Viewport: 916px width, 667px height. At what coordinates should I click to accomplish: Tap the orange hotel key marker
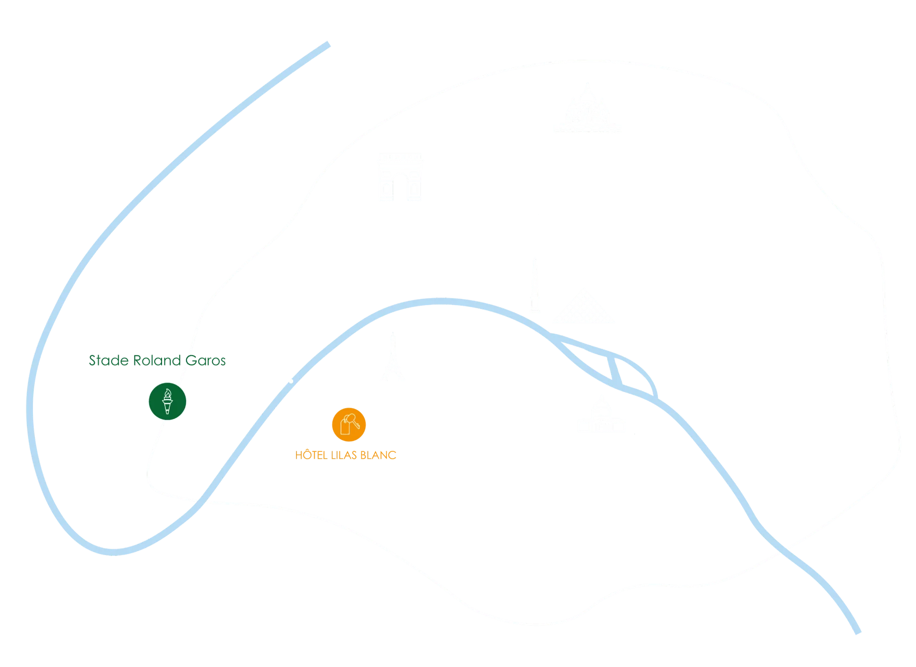tap(349, 424)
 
